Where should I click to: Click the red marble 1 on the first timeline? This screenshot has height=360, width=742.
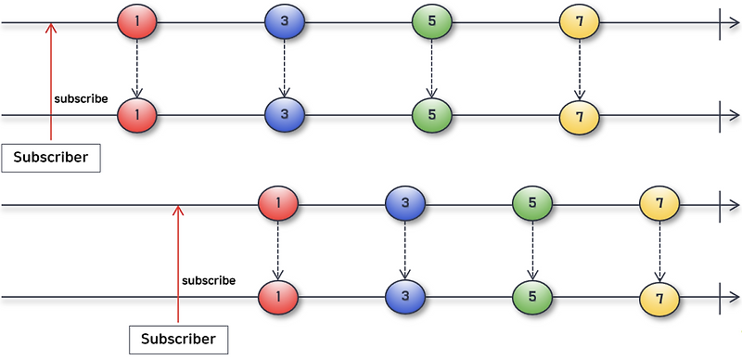136,21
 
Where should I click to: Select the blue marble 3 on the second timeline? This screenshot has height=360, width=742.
285,115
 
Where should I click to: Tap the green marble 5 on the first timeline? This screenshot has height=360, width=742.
431,21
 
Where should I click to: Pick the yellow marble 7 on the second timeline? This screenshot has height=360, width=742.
579,117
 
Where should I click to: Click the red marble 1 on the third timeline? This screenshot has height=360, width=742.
277,203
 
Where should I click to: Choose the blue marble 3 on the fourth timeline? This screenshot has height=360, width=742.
405,297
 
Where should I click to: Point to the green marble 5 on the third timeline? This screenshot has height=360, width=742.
532,203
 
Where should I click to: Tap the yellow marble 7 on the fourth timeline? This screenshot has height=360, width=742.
659,299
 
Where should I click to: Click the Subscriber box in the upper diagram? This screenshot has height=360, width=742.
51,158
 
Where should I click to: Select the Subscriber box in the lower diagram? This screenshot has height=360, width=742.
178,340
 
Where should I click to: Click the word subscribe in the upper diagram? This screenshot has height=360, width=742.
81,99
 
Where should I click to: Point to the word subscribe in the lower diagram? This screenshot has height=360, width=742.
209,280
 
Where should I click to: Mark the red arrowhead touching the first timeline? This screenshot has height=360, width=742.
51,28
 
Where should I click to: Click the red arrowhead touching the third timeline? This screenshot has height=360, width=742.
178,210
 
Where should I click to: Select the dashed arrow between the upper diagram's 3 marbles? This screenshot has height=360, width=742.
284,69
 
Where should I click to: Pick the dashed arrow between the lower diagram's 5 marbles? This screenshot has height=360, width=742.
532,251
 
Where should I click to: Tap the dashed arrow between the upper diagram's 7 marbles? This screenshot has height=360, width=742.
579,70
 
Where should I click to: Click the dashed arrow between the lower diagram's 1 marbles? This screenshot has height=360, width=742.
277,251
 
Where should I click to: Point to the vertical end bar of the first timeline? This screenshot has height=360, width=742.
720,22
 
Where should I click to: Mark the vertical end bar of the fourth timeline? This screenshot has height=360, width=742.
720,298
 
